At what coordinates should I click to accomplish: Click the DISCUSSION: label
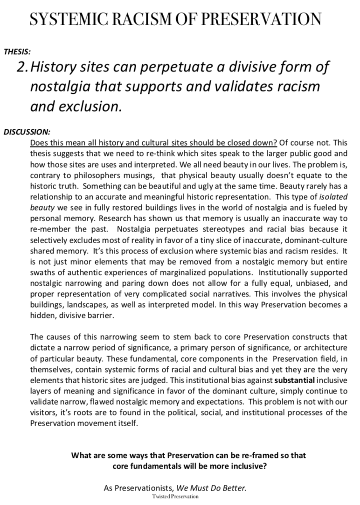pos(27,132)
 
